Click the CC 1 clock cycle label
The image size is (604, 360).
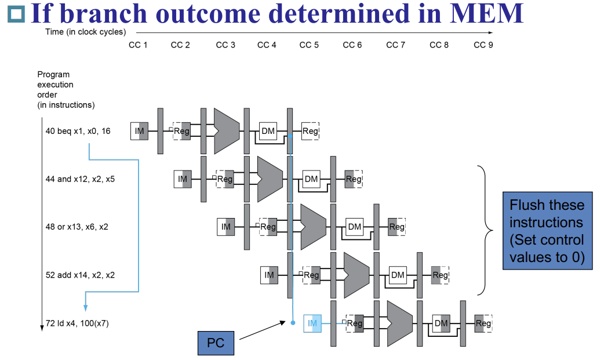138,45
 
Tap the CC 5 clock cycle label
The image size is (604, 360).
309,45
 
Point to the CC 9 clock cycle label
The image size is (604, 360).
483,45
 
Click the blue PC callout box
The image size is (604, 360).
216,343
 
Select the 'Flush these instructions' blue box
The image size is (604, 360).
547,231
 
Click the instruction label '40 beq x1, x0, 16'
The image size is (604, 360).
78,131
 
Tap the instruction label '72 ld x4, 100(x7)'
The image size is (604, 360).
77,323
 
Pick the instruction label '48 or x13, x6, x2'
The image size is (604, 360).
77,227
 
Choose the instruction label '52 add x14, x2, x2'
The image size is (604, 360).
80,275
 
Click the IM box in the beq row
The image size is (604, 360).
139,131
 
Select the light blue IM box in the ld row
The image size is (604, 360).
312,323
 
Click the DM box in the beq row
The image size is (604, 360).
268,131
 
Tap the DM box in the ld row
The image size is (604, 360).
441,323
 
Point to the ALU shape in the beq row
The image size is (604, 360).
226,131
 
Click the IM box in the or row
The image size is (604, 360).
225,227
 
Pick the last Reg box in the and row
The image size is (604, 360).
354,179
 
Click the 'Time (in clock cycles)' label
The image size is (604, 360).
85,32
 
